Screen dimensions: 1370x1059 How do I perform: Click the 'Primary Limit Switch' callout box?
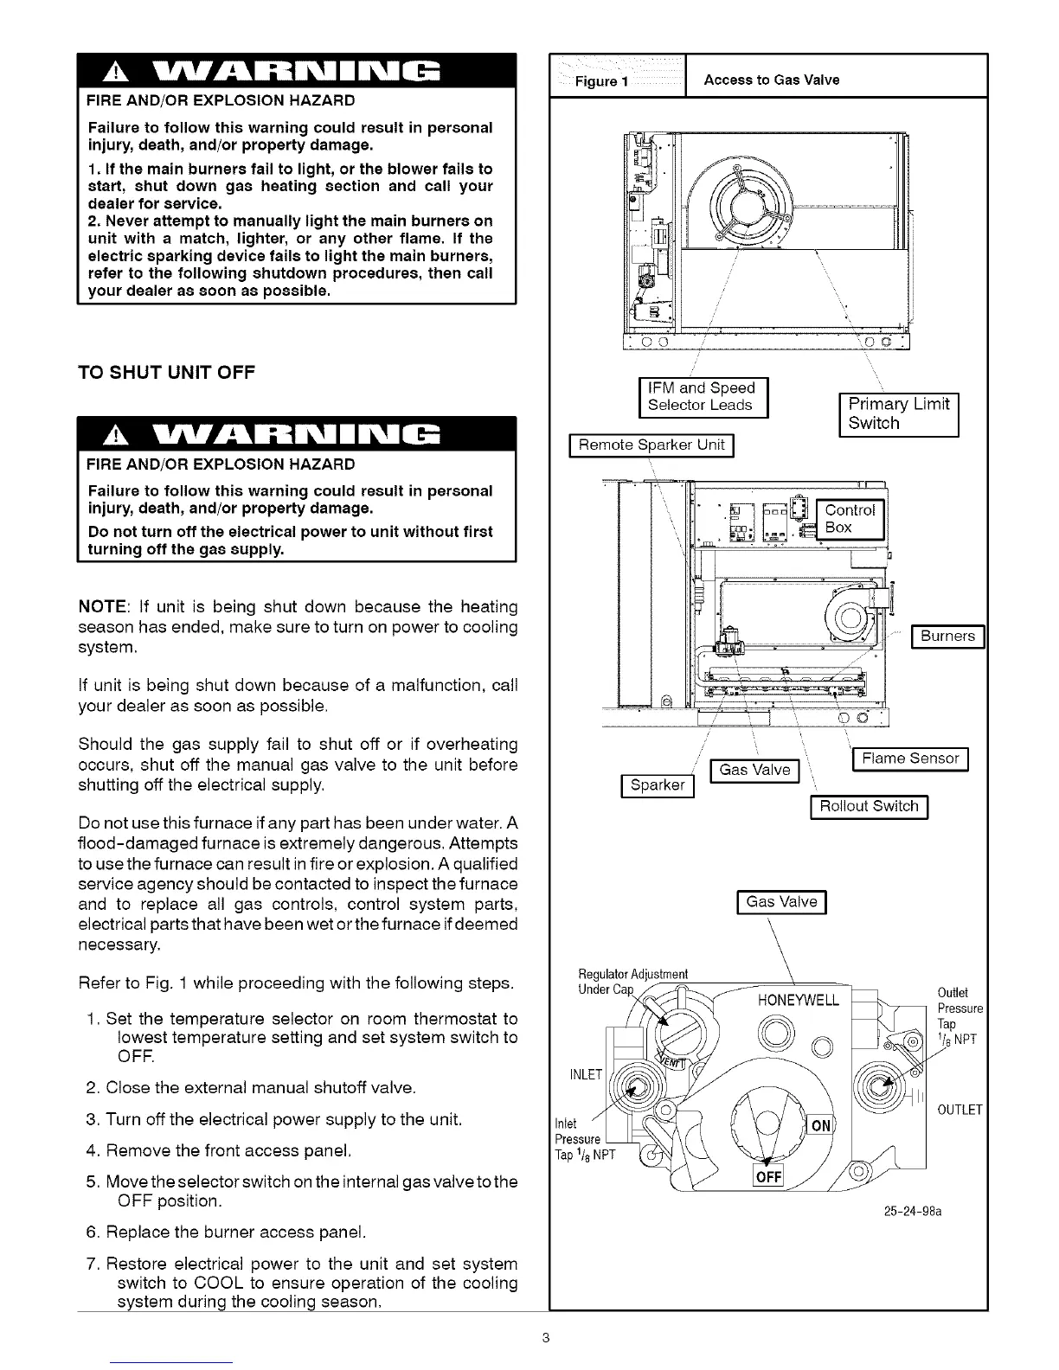899,413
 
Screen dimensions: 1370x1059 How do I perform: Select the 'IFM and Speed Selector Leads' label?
703,397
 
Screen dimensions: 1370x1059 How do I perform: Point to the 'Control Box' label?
850,518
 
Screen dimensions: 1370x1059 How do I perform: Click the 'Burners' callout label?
948,637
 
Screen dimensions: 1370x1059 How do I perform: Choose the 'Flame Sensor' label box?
910,759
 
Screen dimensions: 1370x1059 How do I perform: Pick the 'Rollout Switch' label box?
869,806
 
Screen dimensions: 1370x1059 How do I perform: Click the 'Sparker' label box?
658,785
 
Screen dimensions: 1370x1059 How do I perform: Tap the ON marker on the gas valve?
820,1125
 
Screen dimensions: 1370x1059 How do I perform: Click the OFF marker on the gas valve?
768,1178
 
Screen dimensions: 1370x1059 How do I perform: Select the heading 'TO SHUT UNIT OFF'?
166,373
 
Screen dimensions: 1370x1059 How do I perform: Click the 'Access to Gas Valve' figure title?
772,80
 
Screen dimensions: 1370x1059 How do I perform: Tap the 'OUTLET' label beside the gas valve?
959,1110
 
